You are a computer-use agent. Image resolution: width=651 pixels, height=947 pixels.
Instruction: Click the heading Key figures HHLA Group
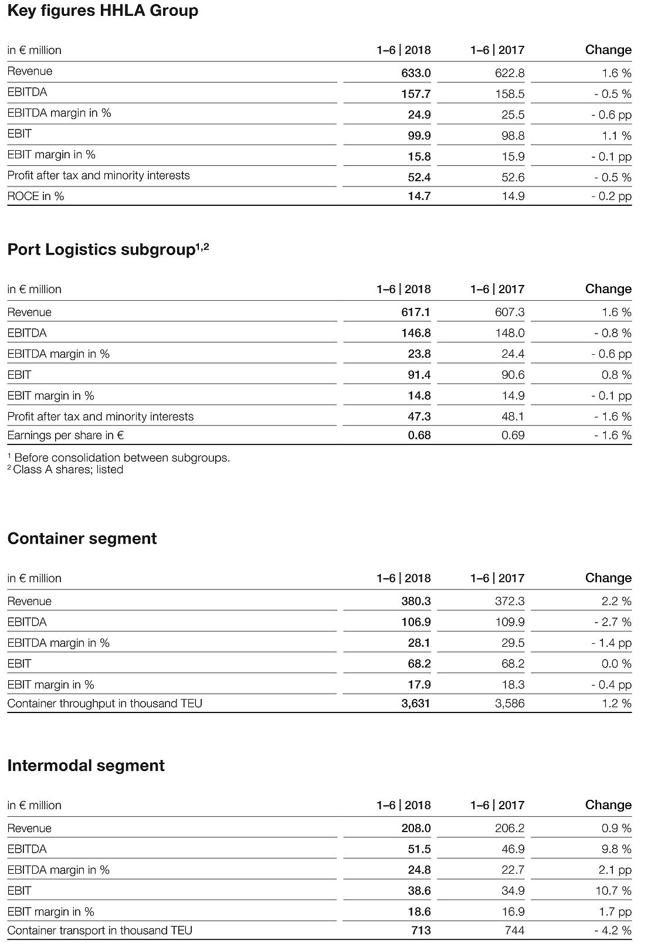103,11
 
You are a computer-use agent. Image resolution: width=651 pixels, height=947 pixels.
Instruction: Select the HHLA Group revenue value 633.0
416,73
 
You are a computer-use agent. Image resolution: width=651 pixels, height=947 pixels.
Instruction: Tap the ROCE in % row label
36,196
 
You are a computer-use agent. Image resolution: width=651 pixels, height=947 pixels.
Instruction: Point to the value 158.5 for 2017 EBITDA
510,94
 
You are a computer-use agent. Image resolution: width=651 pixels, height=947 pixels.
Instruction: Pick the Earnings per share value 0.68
419,436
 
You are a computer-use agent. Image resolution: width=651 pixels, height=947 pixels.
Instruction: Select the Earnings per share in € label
66,436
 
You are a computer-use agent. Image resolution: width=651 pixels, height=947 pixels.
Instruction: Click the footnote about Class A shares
66,470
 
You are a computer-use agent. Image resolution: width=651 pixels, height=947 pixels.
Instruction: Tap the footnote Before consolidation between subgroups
119,458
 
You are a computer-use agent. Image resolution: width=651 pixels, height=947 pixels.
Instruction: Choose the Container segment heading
82,539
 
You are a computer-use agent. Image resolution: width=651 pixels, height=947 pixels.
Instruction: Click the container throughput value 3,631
416,704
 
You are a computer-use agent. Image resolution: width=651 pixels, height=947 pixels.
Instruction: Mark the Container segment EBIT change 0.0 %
616,664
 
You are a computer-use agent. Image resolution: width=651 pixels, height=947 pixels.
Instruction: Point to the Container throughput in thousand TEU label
105,704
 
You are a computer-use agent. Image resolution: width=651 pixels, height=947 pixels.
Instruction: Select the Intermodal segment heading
86,766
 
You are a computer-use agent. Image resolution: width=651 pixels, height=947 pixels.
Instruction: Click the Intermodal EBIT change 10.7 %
614,891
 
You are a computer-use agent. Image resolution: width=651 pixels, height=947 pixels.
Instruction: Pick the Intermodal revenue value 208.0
416,829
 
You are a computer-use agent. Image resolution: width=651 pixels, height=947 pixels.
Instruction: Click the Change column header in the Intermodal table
608,806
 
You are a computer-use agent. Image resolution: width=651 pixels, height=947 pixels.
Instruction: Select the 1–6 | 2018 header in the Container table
404,579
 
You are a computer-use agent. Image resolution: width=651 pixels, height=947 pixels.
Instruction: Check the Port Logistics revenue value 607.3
510,313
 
